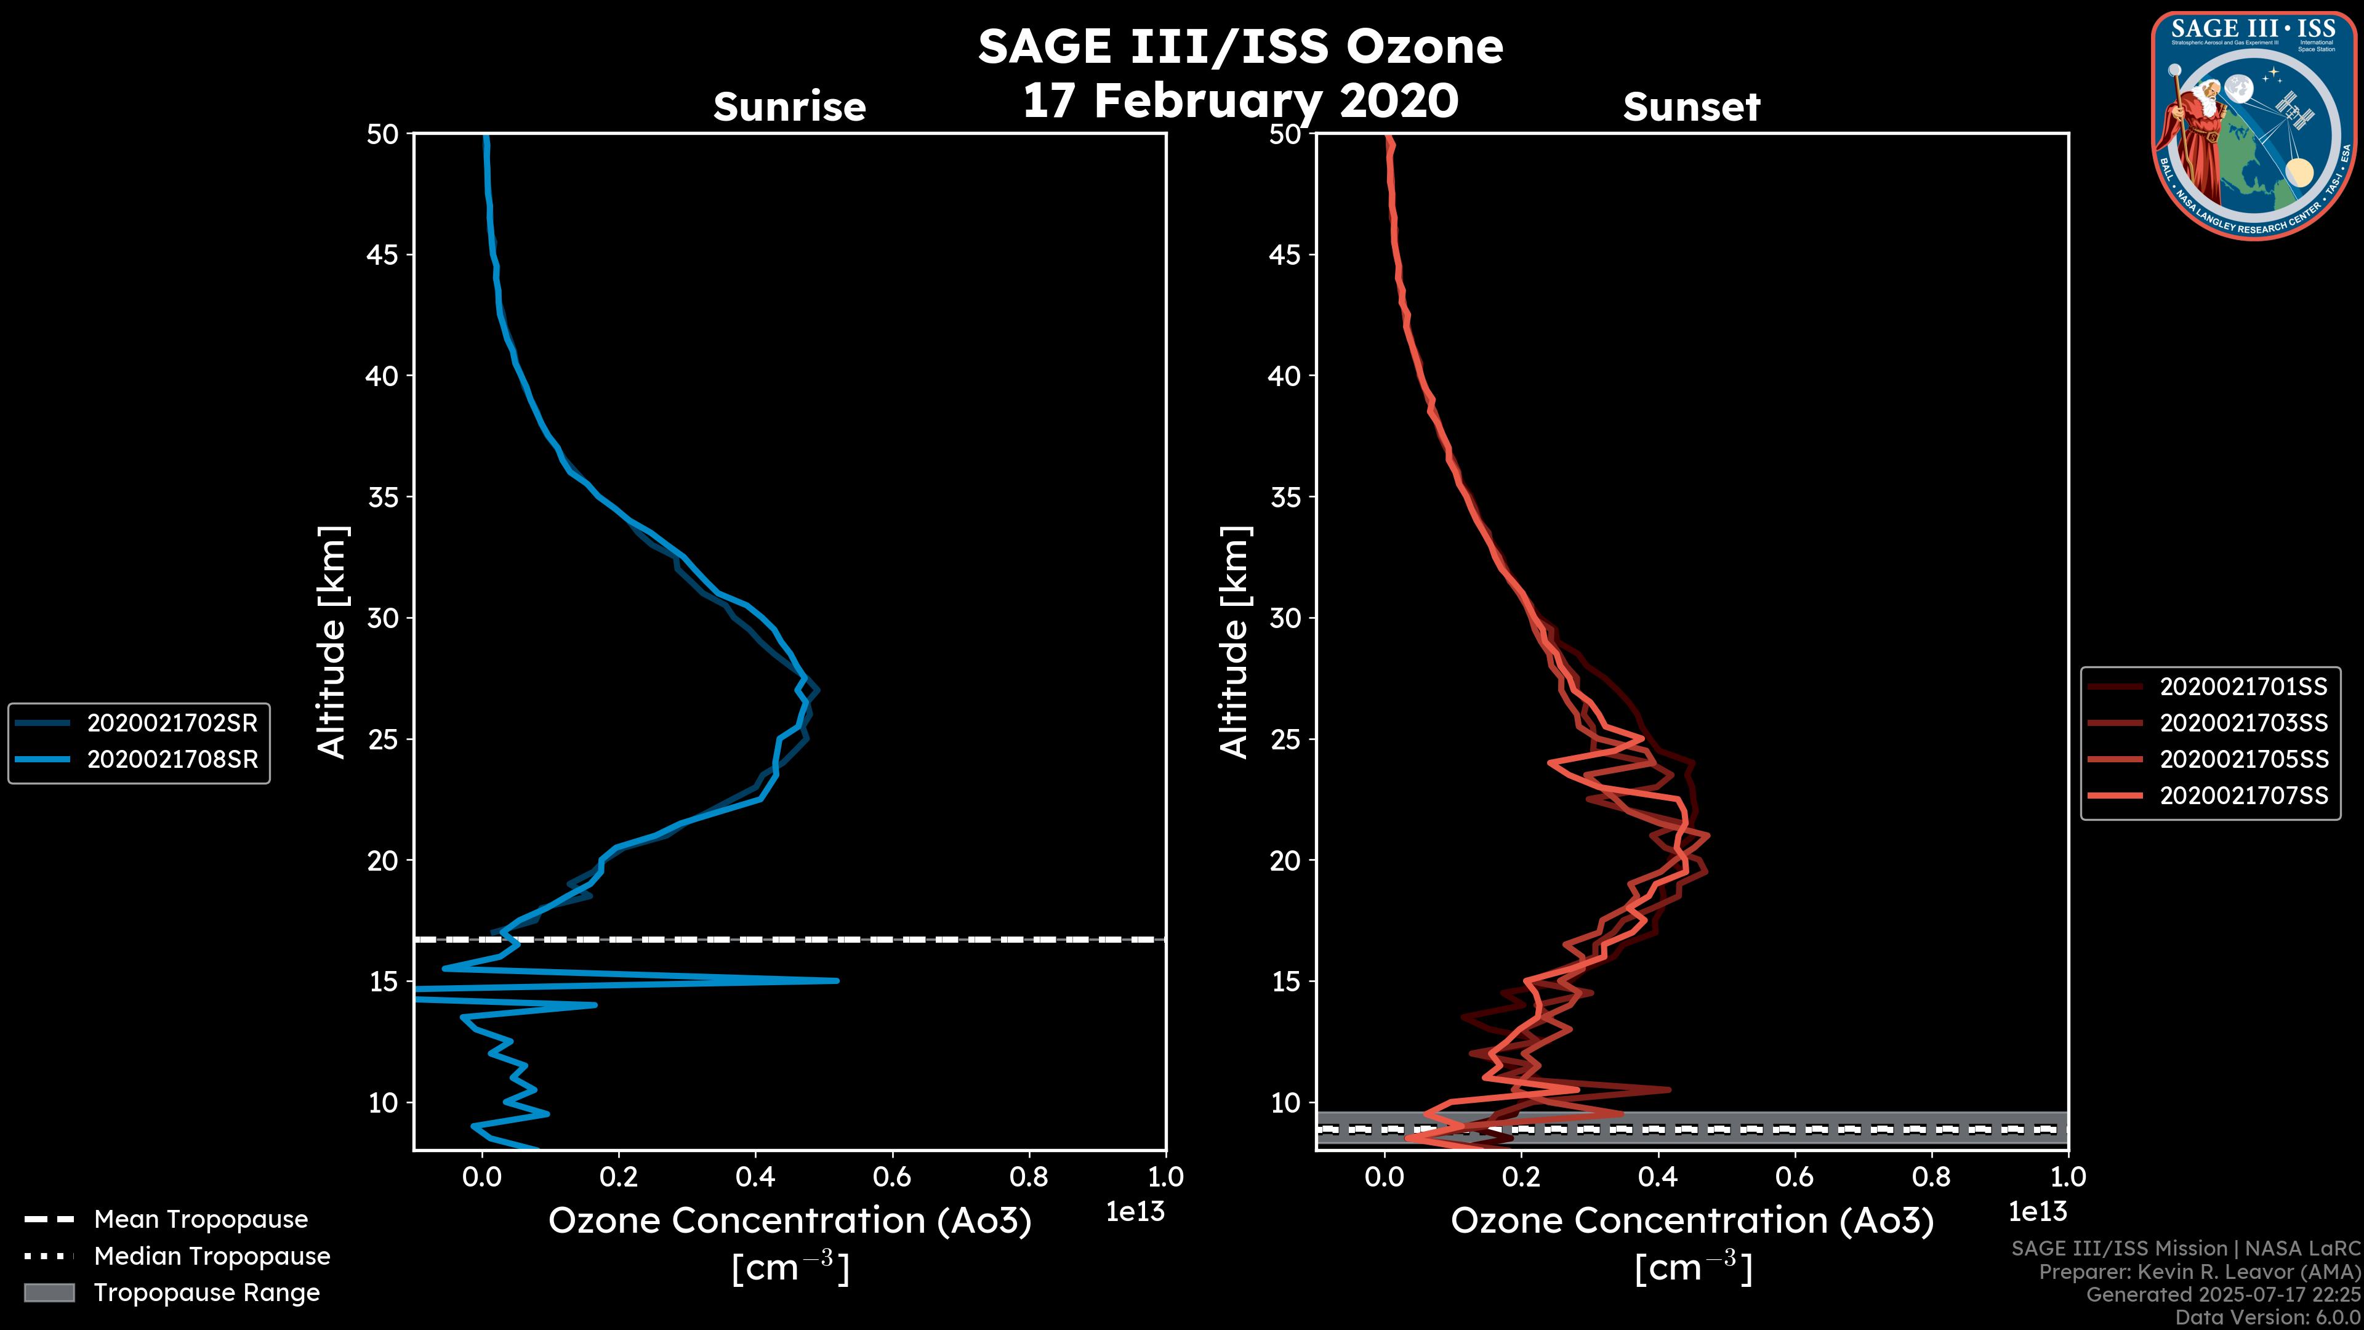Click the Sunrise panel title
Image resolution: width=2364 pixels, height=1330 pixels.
pos(789,107)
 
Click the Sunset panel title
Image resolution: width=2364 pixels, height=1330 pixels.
pos(1691,107)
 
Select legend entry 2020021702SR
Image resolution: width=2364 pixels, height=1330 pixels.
pos(172,723)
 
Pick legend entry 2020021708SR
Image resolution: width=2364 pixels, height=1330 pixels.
pos(172,760)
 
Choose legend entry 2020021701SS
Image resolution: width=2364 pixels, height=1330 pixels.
pos(2243,687)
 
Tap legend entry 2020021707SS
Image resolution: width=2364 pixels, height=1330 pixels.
pos(2243,796)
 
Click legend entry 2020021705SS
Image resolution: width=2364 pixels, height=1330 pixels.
pos(2243,759)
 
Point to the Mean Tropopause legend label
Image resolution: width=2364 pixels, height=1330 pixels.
pos(201,1220)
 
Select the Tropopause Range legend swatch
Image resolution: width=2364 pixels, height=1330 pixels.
pos(49,1292)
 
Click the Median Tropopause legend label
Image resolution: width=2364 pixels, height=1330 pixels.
pos(212,1257)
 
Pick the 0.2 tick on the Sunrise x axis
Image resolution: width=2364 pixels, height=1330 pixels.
pos(619,1177)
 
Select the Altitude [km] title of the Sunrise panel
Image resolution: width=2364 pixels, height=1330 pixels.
pos(332,642)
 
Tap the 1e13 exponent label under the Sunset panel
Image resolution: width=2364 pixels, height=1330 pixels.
pos(2037,1212)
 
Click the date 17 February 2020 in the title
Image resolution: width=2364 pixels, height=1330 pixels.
pos(1240,101)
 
